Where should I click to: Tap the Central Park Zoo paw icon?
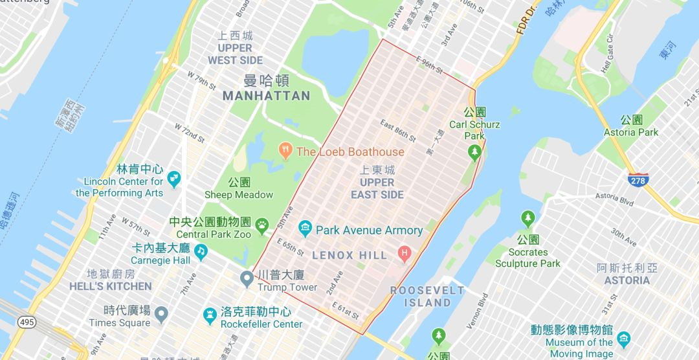(x=262, y=225)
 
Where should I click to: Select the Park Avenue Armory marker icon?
(x=305, y=229)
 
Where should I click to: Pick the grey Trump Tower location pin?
(x=247, y=279)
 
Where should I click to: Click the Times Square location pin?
(x=161, y=315)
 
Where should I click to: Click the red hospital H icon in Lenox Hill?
(x=406, y=252)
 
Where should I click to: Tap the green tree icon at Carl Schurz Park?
(x=475, y=153)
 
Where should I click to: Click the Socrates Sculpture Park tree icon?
(x=528, y=218)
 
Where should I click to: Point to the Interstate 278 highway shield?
(x=638, y=180)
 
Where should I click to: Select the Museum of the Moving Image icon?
(x=623, y=339)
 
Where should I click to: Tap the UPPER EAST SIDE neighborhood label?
(x=377, y=188)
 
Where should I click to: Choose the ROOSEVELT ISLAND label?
(x=427, y=297)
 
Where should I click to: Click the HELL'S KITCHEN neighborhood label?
(x=120, y=286)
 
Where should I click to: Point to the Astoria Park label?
(x=631, y=132)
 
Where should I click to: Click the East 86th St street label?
(x=397, y=130)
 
